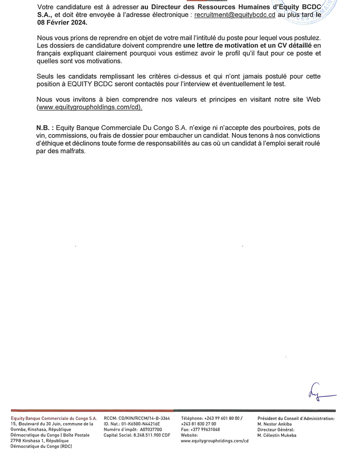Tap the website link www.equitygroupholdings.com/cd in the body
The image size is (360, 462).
[90, 107]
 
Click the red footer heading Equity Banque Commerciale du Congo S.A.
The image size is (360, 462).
[54, 418]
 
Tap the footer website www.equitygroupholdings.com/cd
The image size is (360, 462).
[214, 441]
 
